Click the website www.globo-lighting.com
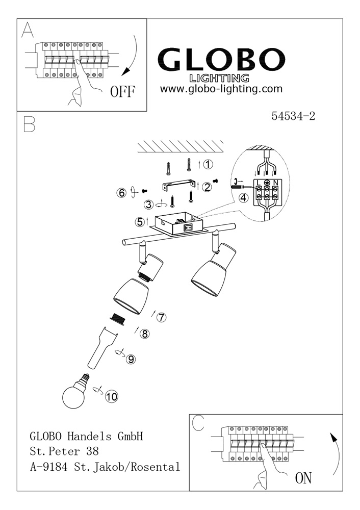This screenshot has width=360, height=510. coord(221,89)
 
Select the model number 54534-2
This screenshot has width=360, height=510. coord(294,116)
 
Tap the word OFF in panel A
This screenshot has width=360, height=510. coord(122,92)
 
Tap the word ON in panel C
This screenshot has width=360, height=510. coord(303,478)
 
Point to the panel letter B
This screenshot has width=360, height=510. coord(30,125)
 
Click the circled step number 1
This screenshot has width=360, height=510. coord(208,165)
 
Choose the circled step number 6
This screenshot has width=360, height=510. coord(121,193)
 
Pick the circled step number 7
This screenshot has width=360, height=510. coord(161,317)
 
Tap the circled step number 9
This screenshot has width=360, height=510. coord(131,359)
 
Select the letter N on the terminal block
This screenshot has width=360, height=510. coord(275,183)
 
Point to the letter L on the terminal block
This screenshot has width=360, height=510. coord(259,183)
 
